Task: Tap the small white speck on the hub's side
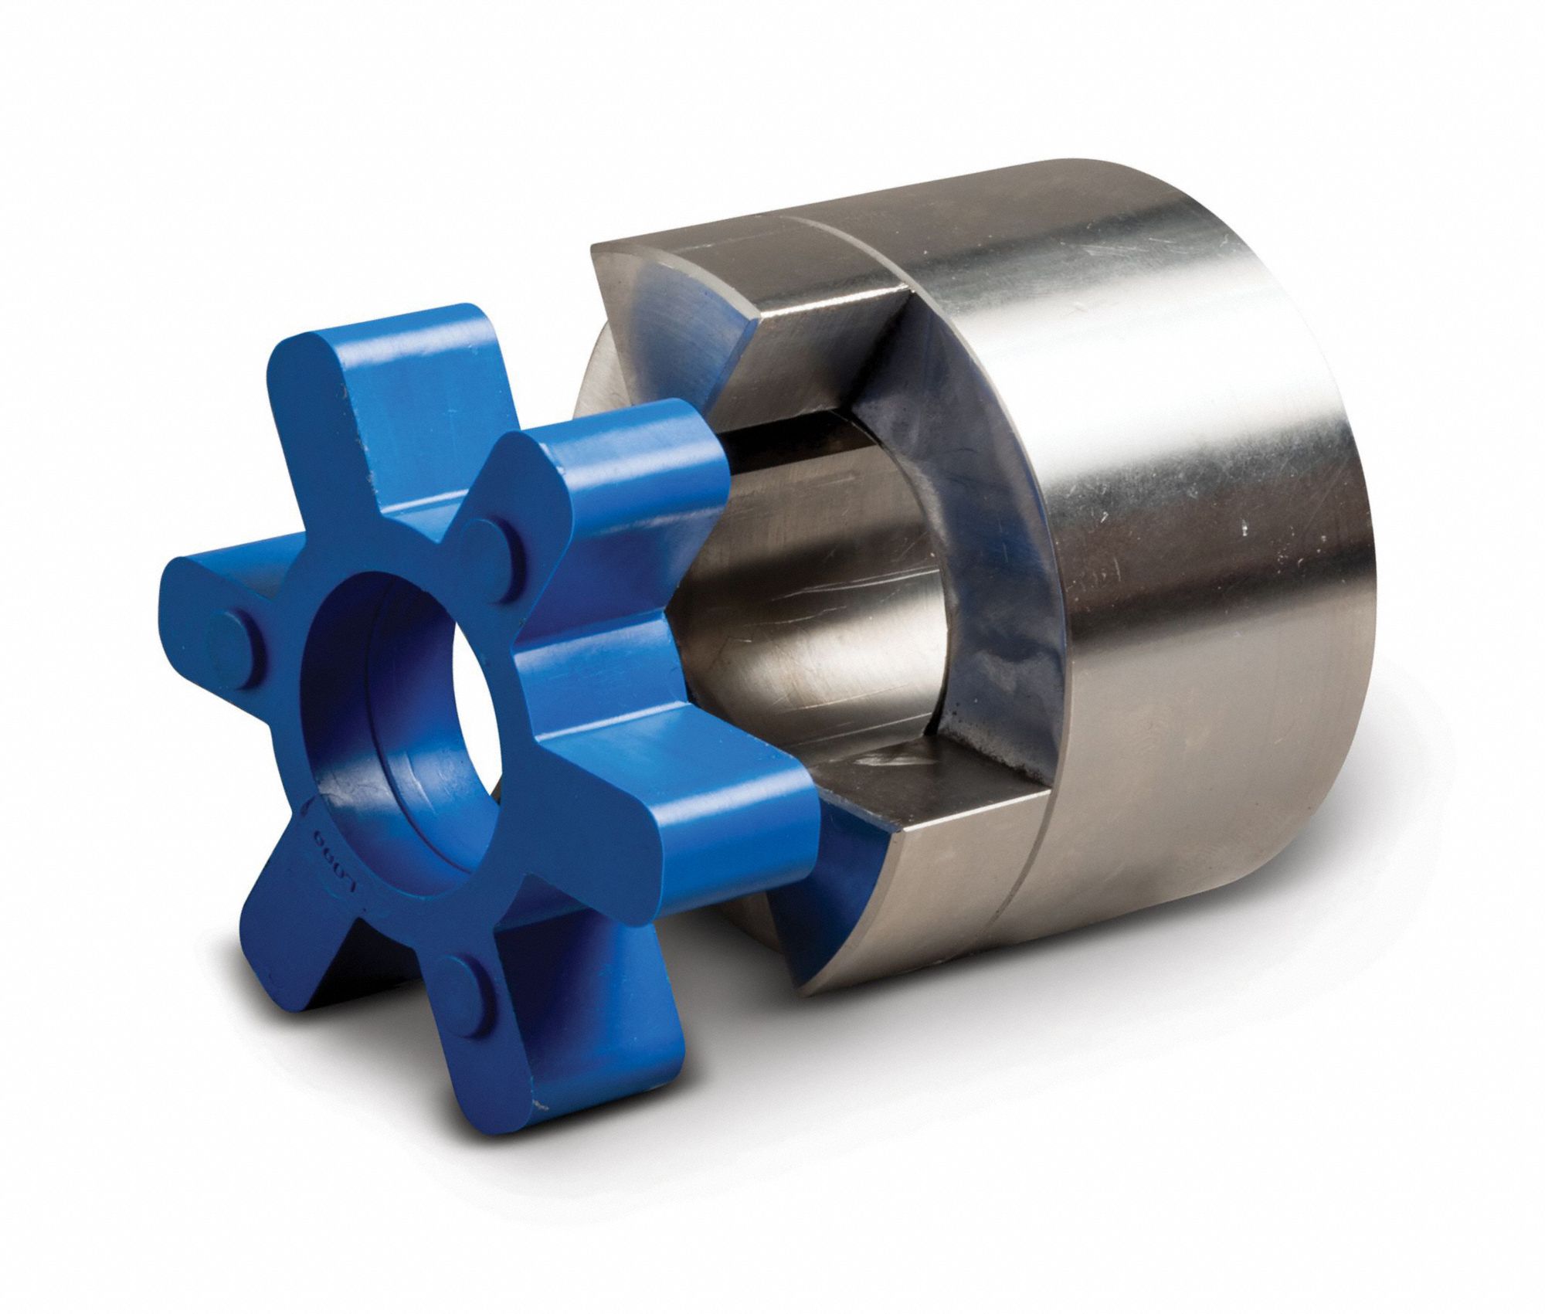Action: [1246, 530]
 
